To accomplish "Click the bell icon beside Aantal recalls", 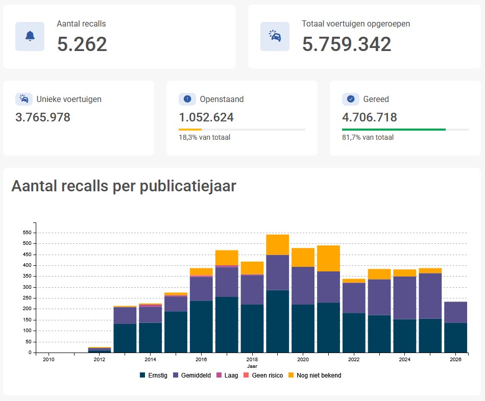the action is [30, 36].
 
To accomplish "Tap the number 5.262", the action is [82, 44].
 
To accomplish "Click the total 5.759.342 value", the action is [347, 44].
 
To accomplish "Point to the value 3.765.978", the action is [43, 117].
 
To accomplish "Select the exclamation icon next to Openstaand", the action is [187, 99].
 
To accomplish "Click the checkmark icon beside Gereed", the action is [351, 99].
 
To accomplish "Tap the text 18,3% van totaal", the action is [204, 137].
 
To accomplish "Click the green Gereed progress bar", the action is [394, 130].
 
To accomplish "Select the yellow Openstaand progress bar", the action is [190, 130].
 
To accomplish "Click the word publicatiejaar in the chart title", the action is [188, 186].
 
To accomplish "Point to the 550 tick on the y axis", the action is [27, 233].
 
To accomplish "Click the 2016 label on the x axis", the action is [201, 359].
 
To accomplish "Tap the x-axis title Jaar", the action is [252, 366].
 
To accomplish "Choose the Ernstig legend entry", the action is [154, 375].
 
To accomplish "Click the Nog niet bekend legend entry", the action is [314, 375].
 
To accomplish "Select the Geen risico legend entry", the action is [263, 375].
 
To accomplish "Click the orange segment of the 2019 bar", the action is [277, 245].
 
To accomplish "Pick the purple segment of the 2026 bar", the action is [455, 313].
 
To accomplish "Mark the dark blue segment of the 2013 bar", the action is [125, 338].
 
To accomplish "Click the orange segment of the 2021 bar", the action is [328, 259].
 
